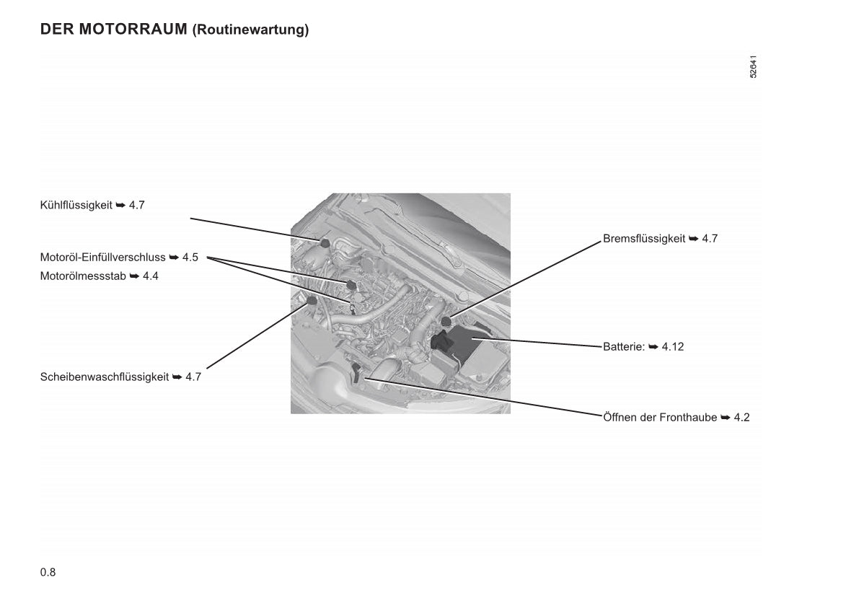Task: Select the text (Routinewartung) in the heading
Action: click(250, 30)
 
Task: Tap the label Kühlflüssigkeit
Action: click(76, 205)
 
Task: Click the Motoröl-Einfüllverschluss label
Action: click(103, 257)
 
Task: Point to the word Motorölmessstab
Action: click(83, 276)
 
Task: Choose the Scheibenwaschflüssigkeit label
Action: click(105, 377)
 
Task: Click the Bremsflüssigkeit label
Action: click(644, 238)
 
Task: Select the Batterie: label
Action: click(623, 346)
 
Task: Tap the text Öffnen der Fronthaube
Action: click(660, 417)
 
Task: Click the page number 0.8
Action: click(48, 573)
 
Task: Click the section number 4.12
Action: click(673, 346)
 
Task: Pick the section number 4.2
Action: click(741, 417)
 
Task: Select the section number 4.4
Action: click(150, 276)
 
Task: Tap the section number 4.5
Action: click(190, 257)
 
